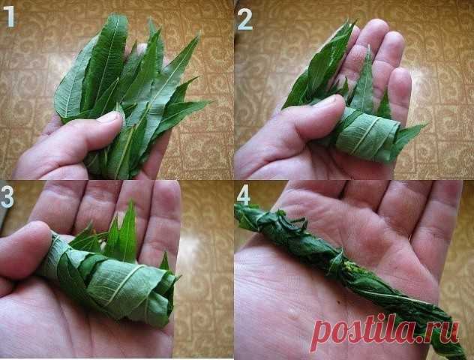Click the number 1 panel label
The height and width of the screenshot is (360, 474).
click(x=9, y=16)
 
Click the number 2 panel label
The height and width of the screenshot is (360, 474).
click(x=244, y=19)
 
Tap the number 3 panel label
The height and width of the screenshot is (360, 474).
click(x=7, y=196)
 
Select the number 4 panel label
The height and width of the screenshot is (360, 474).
click(x=244, y=194)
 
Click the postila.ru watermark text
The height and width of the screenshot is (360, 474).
click(x=385, y=330)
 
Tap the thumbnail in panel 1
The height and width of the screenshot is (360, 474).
click(x=109, y=117)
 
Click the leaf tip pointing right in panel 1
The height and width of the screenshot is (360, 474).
click(x=208, y=102)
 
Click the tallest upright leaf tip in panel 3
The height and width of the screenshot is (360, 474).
click(x=131, y=202)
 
